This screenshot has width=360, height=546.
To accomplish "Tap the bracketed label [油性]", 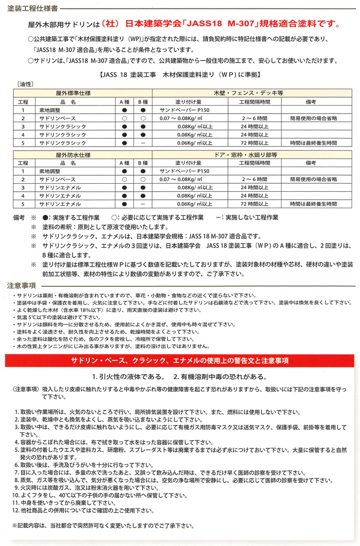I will (x=24, y=85).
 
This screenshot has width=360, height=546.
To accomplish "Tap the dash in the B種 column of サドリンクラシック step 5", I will (x=143, y=143).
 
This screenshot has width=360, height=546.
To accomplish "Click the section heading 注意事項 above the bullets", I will (x=20, y=285).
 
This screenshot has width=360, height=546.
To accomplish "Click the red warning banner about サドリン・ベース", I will (x=179, y=360).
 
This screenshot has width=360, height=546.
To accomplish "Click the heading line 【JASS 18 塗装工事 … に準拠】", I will (x=179, y=74).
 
